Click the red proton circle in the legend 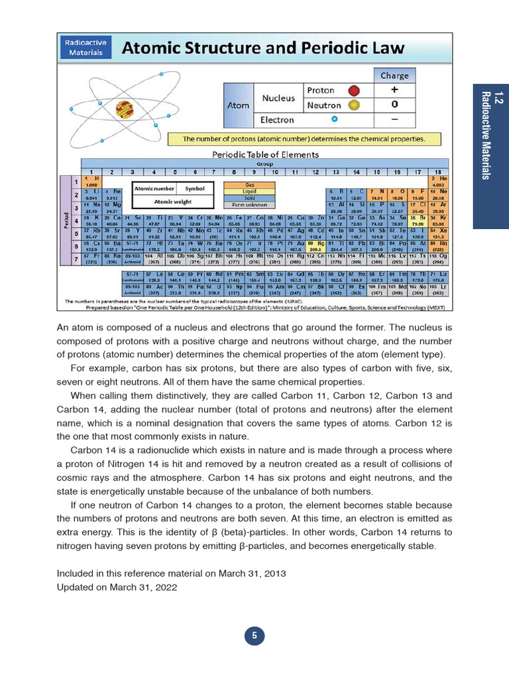(354, 90)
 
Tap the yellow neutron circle (354, 105)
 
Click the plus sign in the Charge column (394, 90)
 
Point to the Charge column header (394, 75)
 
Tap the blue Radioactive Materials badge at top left (87, 46)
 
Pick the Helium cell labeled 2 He (437, 181)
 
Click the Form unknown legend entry (251, 204)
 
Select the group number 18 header (437, 171)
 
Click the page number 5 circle (254, 636)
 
